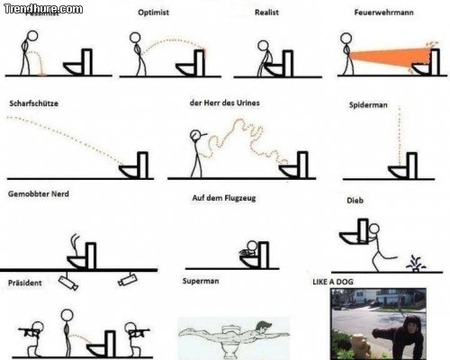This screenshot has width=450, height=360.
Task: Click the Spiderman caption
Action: click(367, 105)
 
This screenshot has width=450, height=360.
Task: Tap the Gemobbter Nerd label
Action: click(39, 194)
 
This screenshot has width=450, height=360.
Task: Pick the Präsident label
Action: click(24, 282)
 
